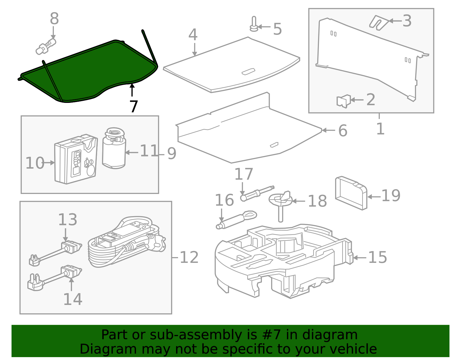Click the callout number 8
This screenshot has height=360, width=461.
(x=54, y=18)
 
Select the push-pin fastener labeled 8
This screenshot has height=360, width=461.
(x=46, y=46)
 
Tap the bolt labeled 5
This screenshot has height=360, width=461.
(x=254, y=24)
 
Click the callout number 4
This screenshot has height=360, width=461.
(x=193, y=34)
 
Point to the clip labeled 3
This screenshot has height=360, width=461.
(x=379, y=23)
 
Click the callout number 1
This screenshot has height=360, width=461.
(x=380, y=129)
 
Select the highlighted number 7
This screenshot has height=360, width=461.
(x=134, y=106)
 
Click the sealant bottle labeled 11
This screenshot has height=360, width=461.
(x=114, y=148)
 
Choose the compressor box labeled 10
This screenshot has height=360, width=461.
(x=76, y=159)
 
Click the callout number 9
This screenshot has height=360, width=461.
(x=172, y=153)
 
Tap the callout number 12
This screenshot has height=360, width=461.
(x=189, y=257)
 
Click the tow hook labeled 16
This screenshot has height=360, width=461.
(x=236, y=220)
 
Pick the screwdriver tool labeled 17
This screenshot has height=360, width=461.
(x=257, y=193)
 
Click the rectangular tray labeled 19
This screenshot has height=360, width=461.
(x=351, y=193)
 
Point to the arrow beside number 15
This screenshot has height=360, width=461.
(x=360, y=258)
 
